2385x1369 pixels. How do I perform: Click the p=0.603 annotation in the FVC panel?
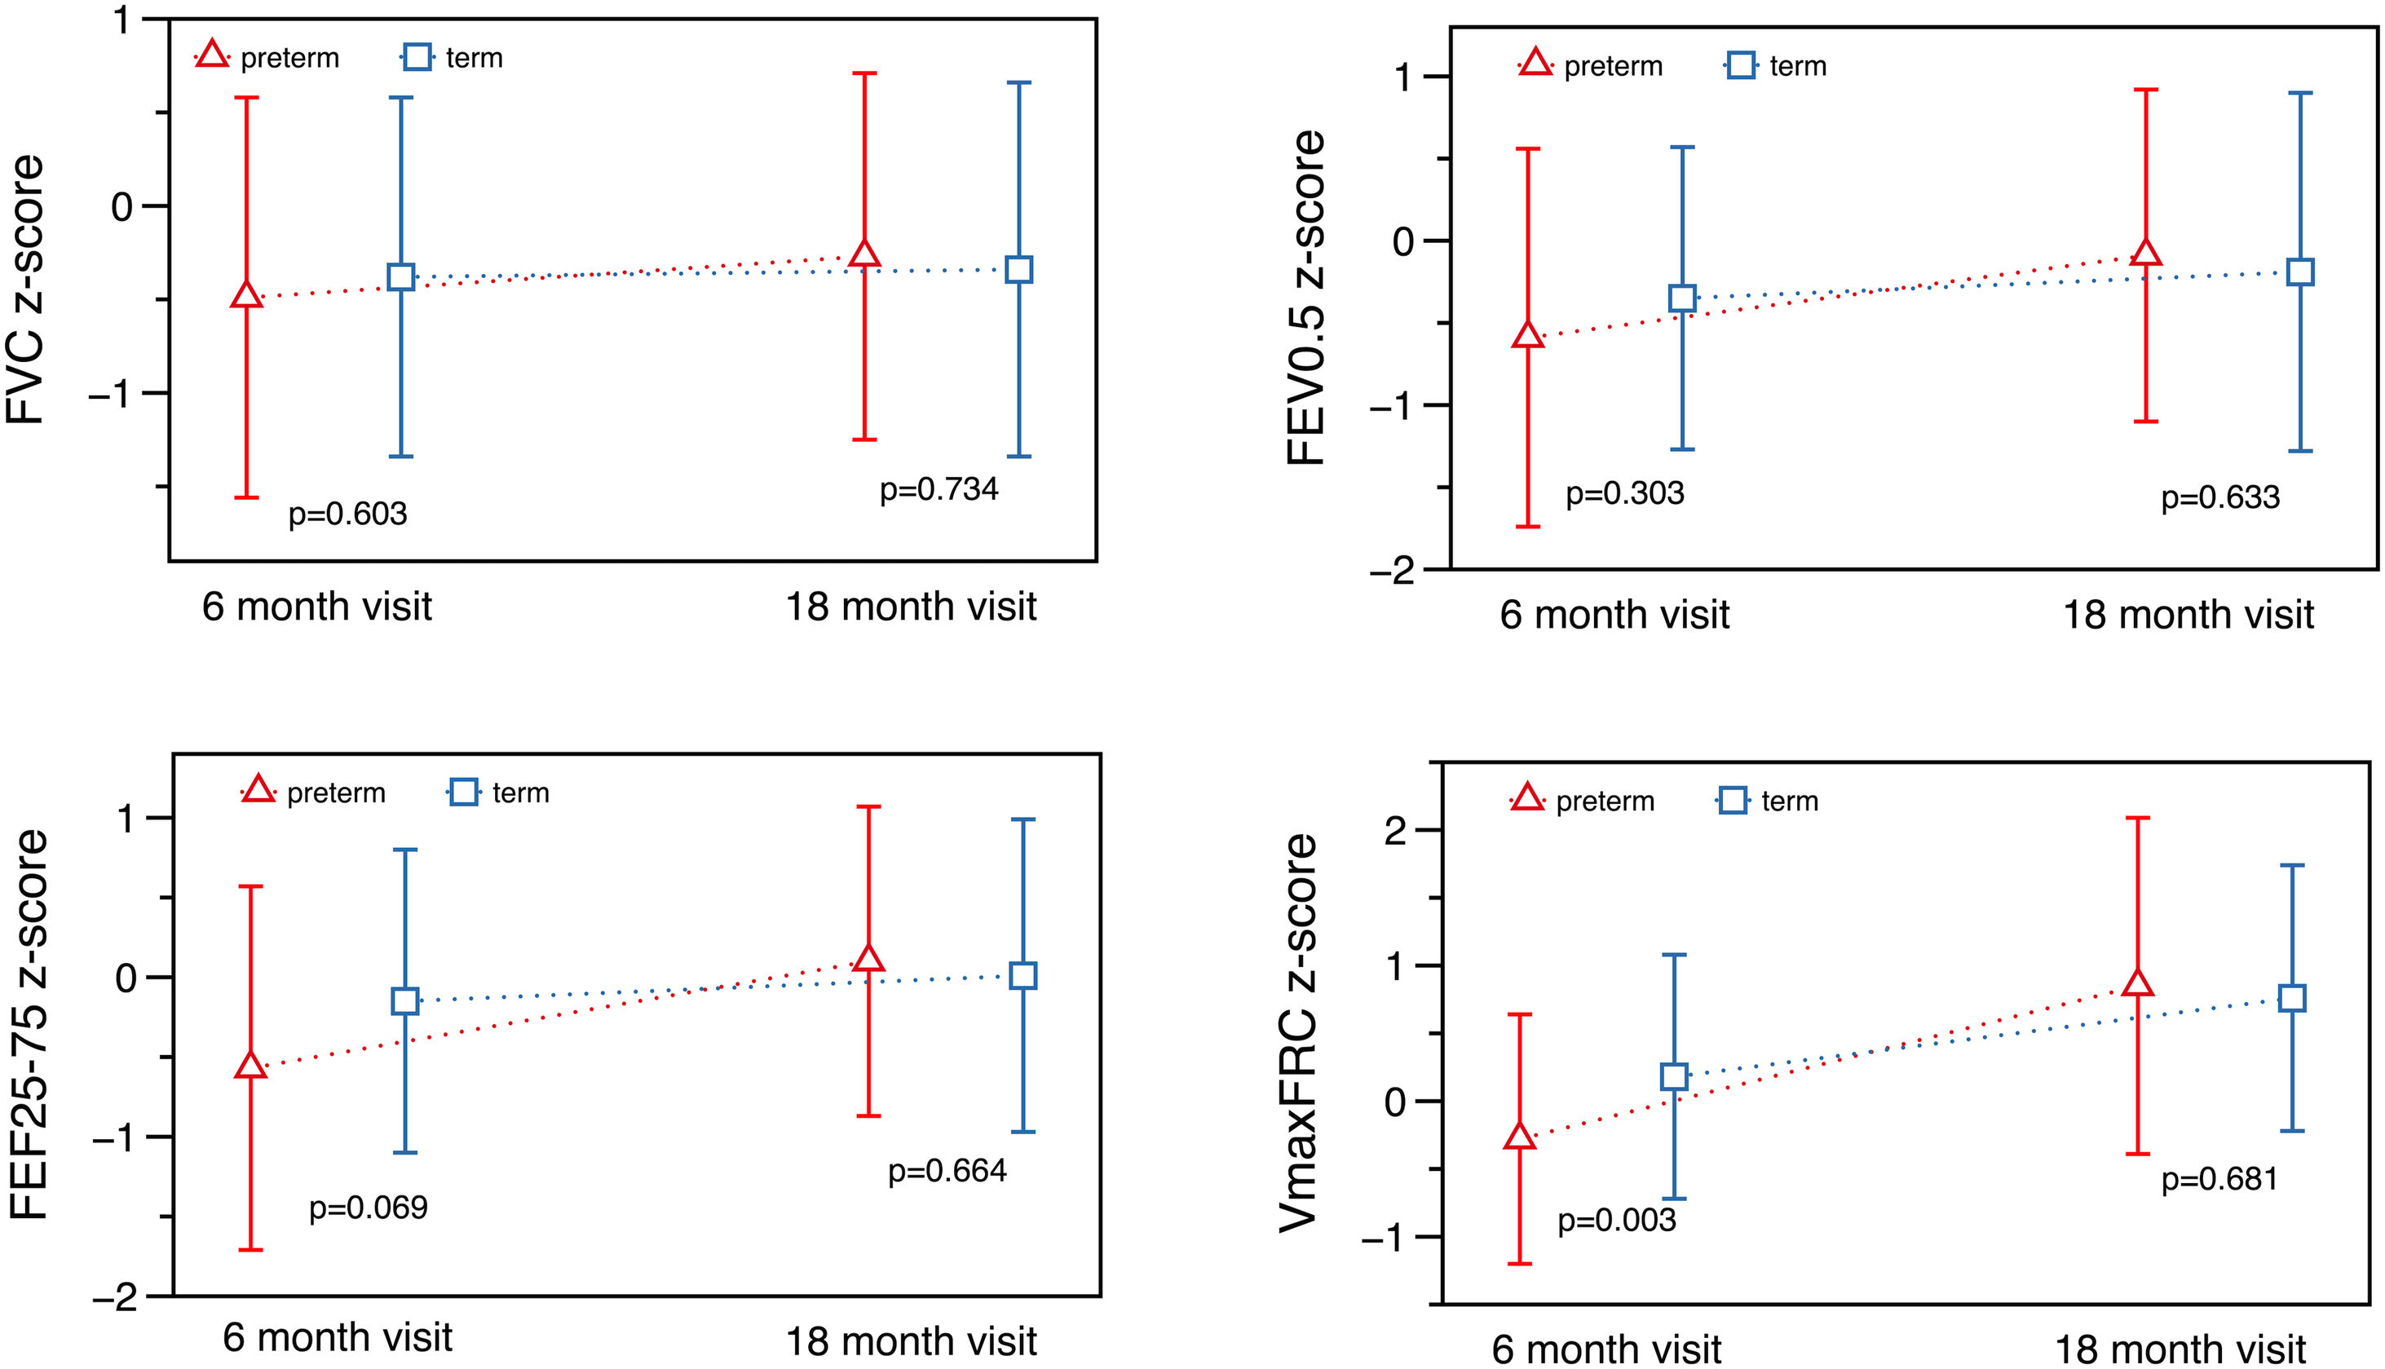[x=347, y=514]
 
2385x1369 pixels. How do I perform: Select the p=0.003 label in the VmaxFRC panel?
[x=1616, y=1221]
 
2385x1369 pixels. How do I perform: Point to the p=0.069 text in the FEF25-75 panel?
[x=368, y=1208]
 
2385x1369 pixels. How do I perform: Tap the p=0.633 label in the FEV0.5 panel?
[x=2219, y=497]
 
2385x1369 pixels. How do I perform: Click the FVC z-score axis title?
[x=25, y=289]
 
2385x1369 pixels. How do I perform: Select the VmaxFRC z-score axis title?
[x=1298, y=1032]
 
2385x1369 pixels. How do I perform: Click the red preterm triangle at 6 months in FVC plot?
[x=246, y=295]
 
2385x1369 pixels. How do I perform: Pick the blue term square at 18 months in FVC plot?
[x=1018, y=270]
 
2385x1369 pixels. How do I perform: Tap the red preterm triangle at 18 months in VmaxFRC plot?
[x=2138, y=983]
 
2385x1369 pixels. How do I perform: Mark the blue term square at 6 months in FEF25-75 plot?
[x=404, y=1000]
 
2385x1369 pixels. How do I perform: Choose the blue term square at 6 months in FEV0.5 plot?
[x=1682, y=299]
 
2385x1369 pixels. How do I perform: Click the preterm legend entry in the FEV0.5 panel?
[x=1591, y=66]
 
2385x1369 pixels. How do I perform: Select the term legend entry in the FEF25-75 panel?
[x=498, y=793]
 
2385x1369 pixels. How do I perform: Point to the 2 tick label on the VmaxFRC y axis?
[x=1395, y=831]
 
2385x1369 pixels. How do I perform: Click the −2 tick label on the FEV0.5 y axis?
[x=1391, y=571]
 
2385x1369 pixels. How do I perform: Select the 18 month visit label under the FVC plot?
[x=910, y=607]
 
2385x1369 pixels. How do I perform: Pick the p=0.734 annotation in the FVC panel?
[x=939, y=490]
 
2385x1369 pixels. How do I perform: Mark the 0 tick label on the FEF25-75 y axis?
[x=126, y=978]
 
